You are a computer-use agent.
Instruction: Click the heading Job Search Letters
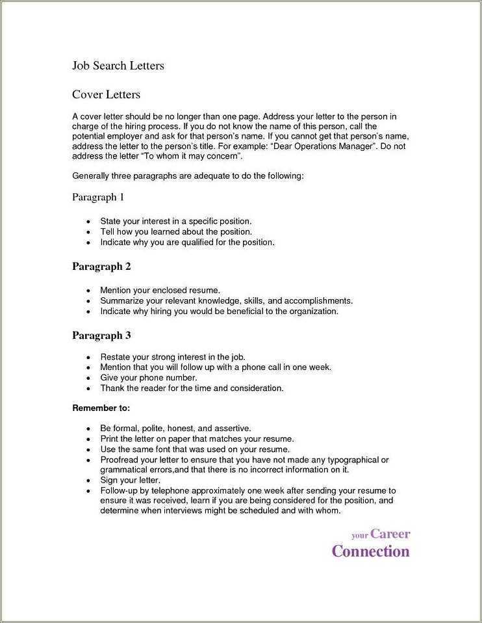pyautogui.click(x=118, y=66)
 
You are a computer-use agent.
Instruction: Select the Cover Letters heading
pyautogui.click(x=106, y=95)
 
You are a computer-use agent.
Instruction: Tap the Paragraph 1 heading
pyautogui.click(x=97, y=197)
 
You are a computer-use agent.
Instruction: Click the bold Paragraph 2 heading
pyautogui.click(x=101, y=267)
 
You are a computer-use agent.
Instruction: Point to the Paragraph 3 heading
pyautogui.click(x=101, y=336)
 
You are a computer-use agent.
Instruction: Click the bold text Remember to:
pyautogui.click(x=101, y=408)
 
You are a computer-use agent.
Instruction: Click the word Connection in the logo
pyautogui.click(x=370, y=551)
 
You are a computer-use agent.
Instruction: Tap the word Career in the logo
pyautogui.click(x=390, y=534)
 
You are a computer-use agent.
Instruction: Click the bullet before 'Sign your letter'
pyautogui.click(x=88, y=481)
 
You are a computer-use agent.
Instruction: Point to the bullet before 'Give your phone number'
pyautogui.click(x=88, y=378)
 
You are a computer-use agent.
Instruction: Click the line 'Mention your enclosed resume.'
pyautogui.click(x=160, y=291)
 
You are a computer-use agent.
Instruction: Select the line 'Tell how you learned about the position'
pyautogui.click(x=175, y=232)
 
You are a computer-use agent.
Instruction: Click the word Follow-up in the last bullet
pyautogui.click(x=121, y=490)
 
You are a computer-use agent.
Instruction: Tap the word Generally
pyautogui.click(x=91, y=176)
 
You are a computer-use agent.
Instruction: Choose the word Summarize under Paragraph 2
pyautogui.click(x=122, y=301)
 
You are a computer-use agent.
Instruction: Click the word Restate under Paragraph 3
pyautogui.click(x=115, y=357)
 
